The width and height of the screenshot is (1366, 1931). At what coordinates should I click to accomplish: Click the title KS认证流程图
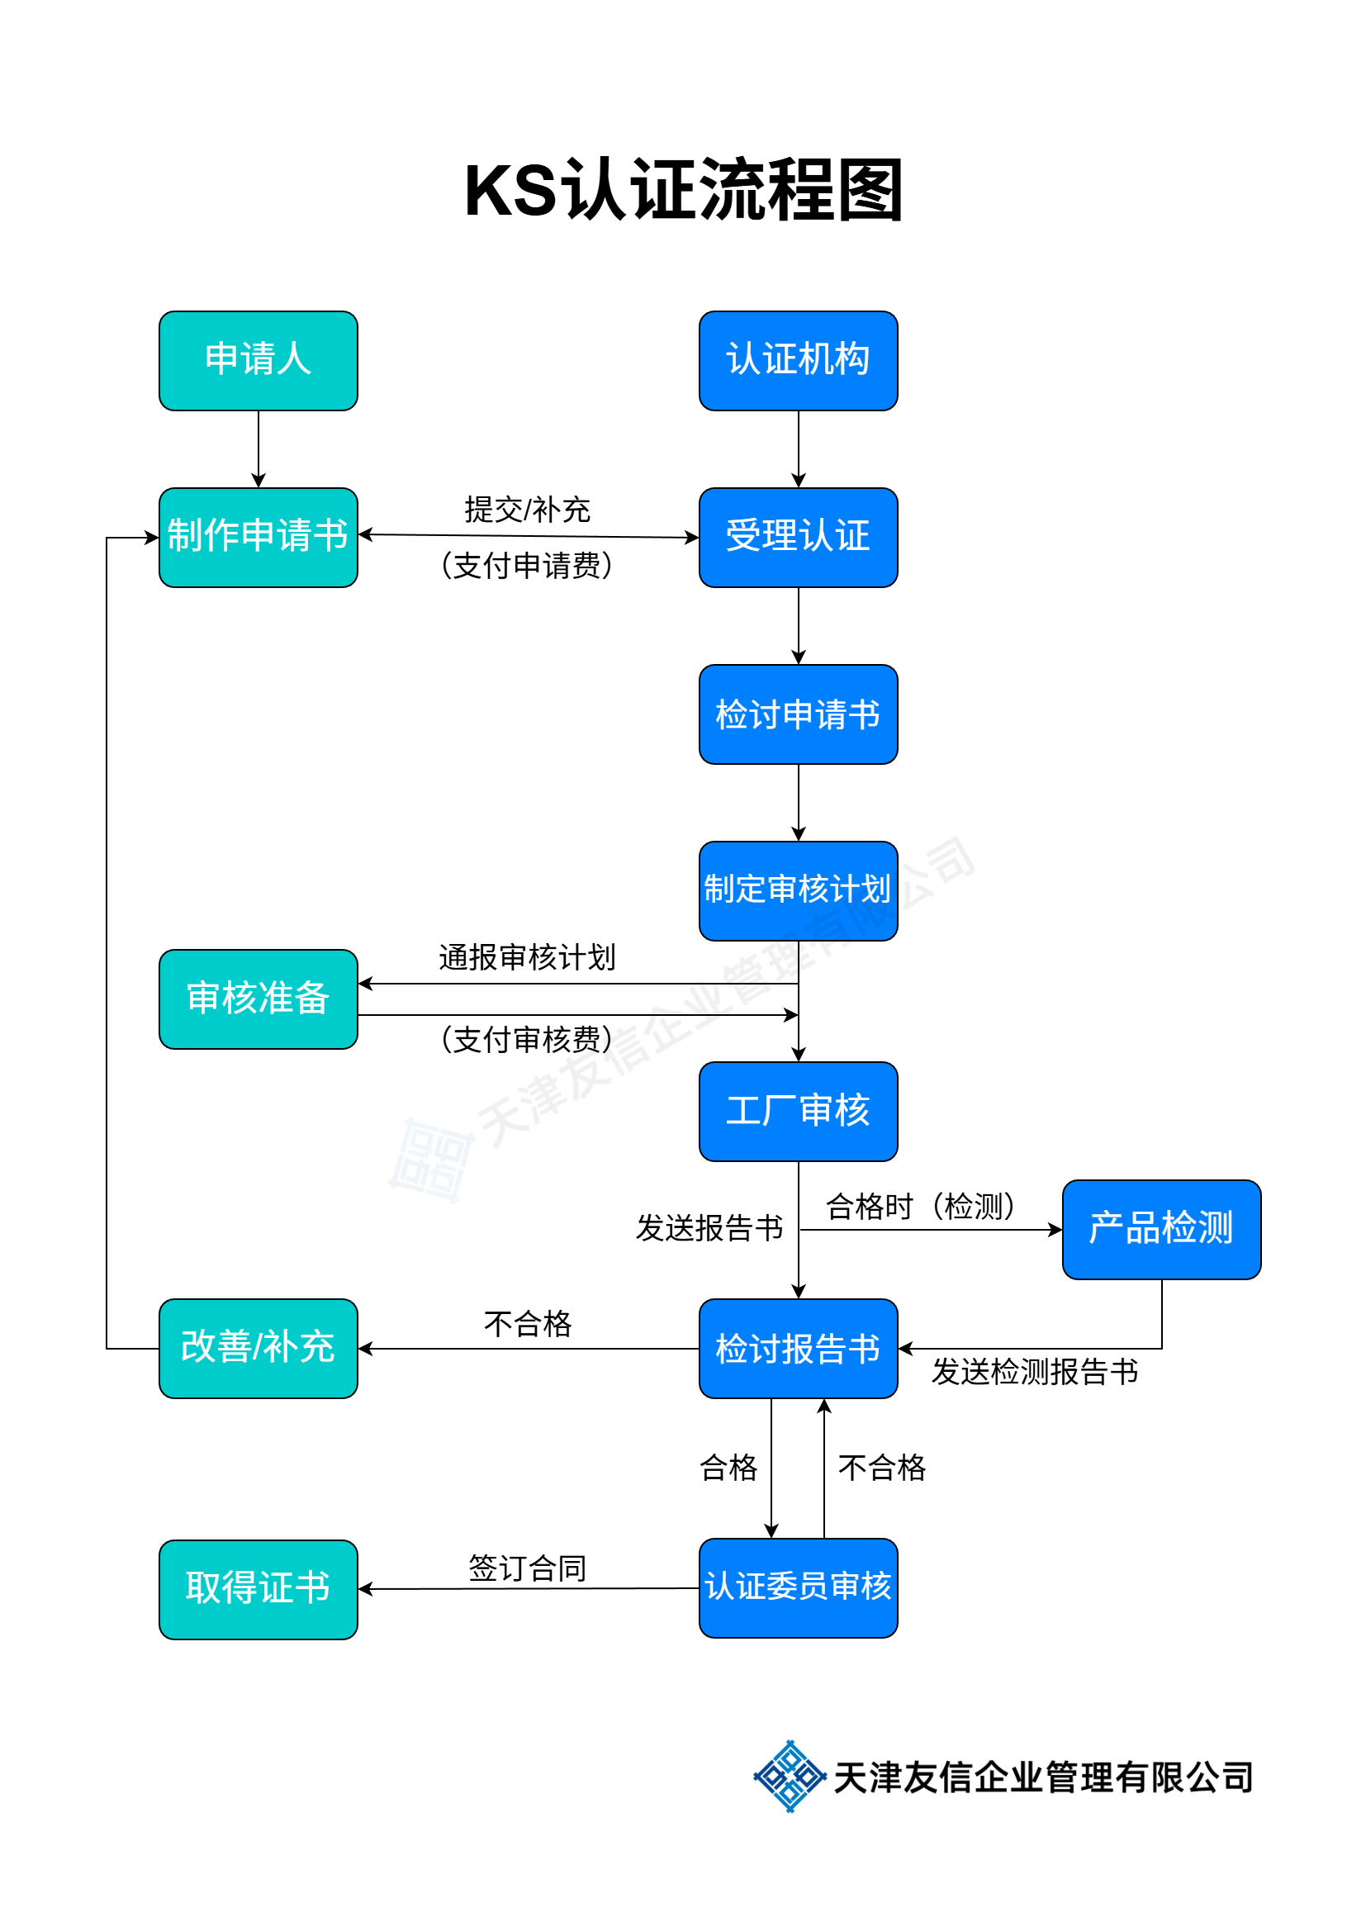tap(683, 190)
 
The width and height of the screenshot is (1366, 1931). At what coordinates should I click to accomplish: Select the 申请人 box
tap(258, 361)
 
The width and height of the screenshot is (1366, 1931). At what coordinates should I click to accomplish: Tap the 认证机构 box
tap(798, 361)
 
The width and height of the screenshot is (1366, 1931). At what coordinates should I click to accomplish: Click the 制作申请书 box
tap(258, 538)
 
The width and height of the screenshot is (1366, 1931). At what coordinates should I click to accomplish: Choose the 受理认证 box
tap(798, 538)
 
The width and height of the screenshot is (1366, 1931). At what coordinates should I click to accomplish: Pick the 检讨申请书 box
tap(798, 714)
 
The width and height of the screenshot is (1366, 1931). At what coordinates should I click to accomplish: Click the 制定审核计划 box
tap(798, 890)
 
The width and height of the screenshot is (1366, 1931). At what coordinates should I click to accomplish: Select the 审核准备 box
tap(258, 999)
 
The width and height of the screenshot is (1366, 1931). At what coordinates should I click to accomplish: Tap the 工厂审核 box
tap(798, 1111)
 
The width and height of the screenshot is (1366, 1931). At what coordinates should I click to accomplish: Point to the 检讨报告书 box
tap(798, 1348)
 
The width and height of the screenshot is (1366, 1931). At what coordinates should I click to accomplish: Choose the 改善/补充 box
tap(258, 1348)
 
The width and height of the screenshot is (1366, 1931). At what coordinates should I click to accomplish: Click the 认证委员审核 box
tap(798, 1587)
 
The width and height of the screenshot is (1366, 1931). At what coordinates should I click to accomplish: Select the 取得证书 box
tap(258, 1589)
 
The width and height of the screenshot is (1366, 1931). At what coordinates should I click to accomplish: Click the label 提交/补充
tap(528, 510)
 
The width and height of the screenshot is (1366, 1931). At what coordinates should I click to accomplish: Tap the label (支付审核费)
tap(528, 1040)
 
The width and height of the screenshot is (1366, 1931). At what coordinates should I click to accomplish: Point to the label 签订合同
tap(528, 1568)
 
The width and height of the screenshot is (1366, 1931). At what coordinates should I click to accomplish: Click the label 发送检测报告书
tap(1034, 1372)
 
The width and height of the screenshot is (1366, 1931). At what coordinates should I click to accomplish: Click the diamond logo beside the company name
tap(789, 1777)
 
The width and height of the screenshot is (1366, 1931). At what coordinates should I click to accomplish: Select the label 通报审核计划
tap(528, 957)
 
